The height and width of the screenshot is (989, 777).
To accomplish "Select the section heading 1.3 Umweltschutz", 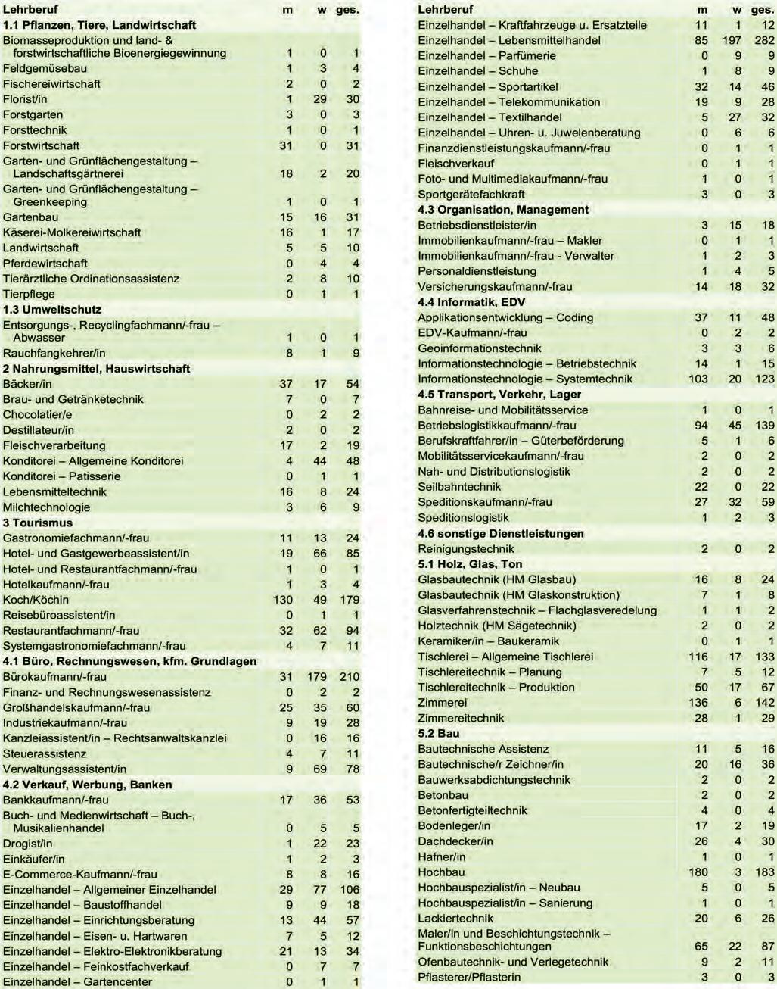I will tap(52, 310).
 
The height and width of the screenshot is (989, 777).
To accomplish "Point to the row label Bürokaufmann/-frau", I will tap(54, 677).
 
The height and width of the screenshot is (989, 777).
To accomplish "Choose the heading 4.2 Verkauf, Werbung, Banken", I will tap(88, 785).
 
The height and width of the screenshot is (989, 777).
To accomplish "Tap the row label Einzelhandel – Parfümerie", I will tap(486, 55).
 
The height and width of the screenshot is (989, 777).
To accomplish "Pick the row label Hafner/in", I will tap(442, 856).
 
